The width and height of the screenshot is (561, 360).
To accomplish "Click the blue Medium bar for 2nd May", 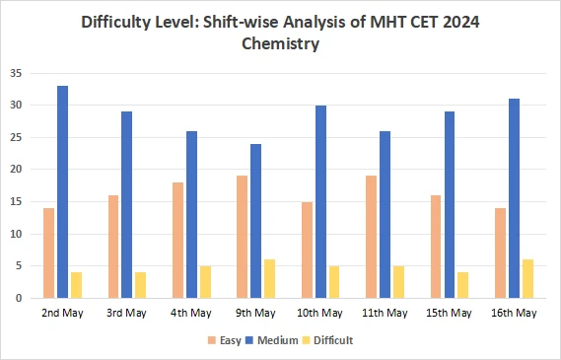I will click(x=62, y=192).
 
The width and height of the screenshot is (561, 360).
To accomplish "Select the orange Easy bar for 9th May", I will click(x=243, y=237).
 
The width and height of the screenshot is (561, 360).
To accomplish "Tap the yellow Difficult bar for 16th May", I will click(x=526, y=279).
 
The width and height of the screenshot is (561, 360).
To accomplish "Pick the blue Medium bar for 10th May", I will click(x=320, y=202).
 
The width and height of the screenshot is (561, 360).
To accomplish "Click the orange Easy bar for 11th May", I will click(x=372, y=237).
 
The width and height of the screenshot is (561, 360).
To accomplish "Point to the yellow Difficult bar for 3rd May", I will click(x=140, y=285).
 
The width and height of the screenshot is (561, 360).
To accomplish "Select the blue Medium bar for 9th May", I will click(x=255, y=221).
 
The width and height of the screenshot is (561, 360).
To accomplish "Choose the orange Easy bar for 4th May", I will click(x=178, y=240).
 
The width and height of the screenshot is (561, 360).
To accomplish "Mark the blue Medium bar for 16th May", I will click(x=514, y=198).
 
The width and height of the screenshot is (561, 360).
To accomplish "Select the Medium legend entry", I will click(x=278, y=340).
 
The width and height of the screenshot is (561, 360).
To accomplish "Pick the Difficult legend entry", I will click(x=334, y=340).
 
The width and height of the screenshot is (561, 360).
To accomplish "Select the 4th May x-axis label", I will click(x=191, y=313).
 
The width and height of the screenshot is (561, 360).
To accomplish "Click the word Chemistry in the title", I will click(x=280, y=43).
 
